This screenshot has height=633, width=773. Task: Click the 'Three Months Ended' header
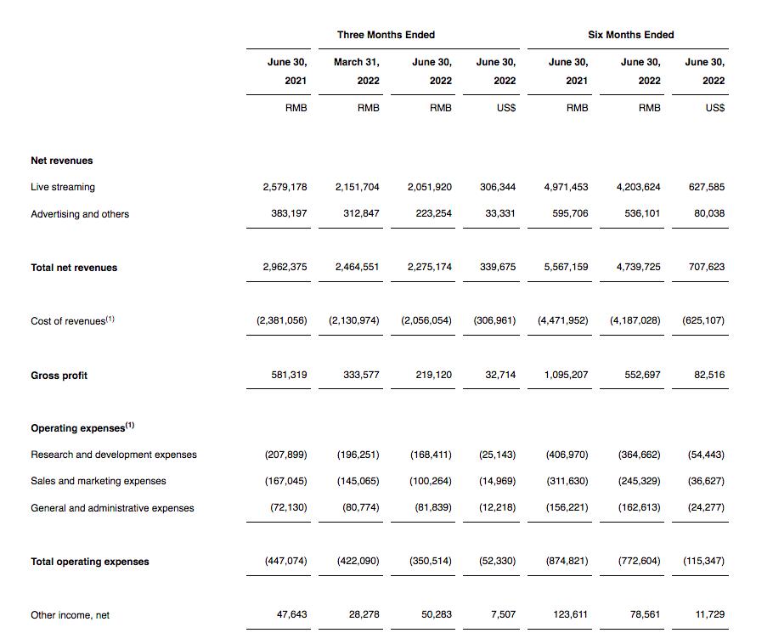click(x=386, y=35)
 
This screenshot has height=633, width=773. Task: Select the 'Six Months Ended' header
click(x=630, y=35)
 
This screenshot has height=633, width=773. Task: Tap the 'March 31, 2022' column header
click(x=357, y=71)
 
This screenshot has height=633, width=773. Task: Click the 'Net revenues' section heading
click(x=62, y=161)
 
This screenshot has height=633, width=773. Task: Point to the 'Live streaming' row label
click(x=63, y=187)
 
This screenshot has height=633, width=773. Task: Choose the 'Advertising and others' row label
click(x=80, y=214)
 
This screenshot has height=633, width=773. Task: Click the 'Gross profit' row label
click(x=59, y=376)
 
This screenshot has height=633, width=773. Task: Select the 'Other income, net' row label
click(x=70, y=615)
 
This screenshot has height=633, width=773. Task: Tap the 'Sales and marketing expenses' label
click(x=99, y=481)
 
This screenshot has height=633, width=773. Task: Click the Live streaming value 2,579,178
click(x=285, y=187)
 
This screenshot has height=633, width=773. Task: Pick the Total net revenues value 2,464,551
click(x=357, y=267)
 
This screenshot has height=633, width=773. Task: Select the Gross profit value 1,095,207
click(x=566, y=375)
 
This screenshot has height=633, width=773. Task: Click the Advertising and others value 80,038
click(x=709, y=213)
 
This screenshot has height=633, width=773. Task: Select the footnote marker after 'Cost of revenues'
click(x=110, y=319)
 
